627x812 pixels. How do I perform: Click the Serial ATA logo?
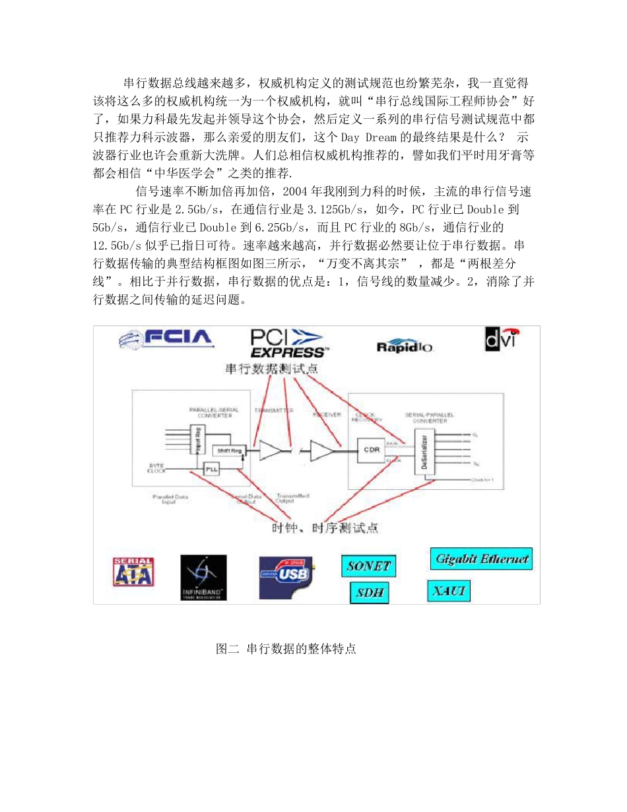[134, 572]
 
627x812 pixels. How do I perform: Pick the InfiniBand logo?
[203, 577]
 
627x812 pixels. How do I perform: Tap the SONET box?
[369, 566]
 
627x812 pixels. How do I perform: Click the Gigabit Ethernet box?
[482, 558]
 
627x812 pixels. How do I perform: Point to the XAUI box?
[449, 590]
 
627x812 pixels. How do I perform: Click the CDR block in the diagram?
[371, 450]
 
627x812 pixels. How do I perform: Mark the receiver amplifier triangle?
[321, 450]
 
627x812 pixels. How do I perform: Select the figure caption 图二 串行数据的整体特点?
[286, 649]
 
